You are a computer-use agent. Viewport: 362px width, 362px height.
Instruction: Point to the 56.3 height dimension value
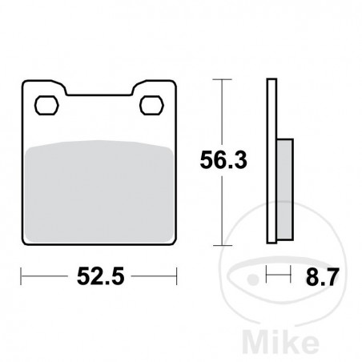[x=222, y=161]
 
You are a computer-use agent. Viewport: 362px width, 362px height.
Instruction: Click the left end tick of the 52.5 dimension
[x=21, y=280]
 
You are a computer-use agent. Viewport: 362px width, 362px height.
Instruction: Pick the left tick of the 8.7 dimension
[x=267, y=280]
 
